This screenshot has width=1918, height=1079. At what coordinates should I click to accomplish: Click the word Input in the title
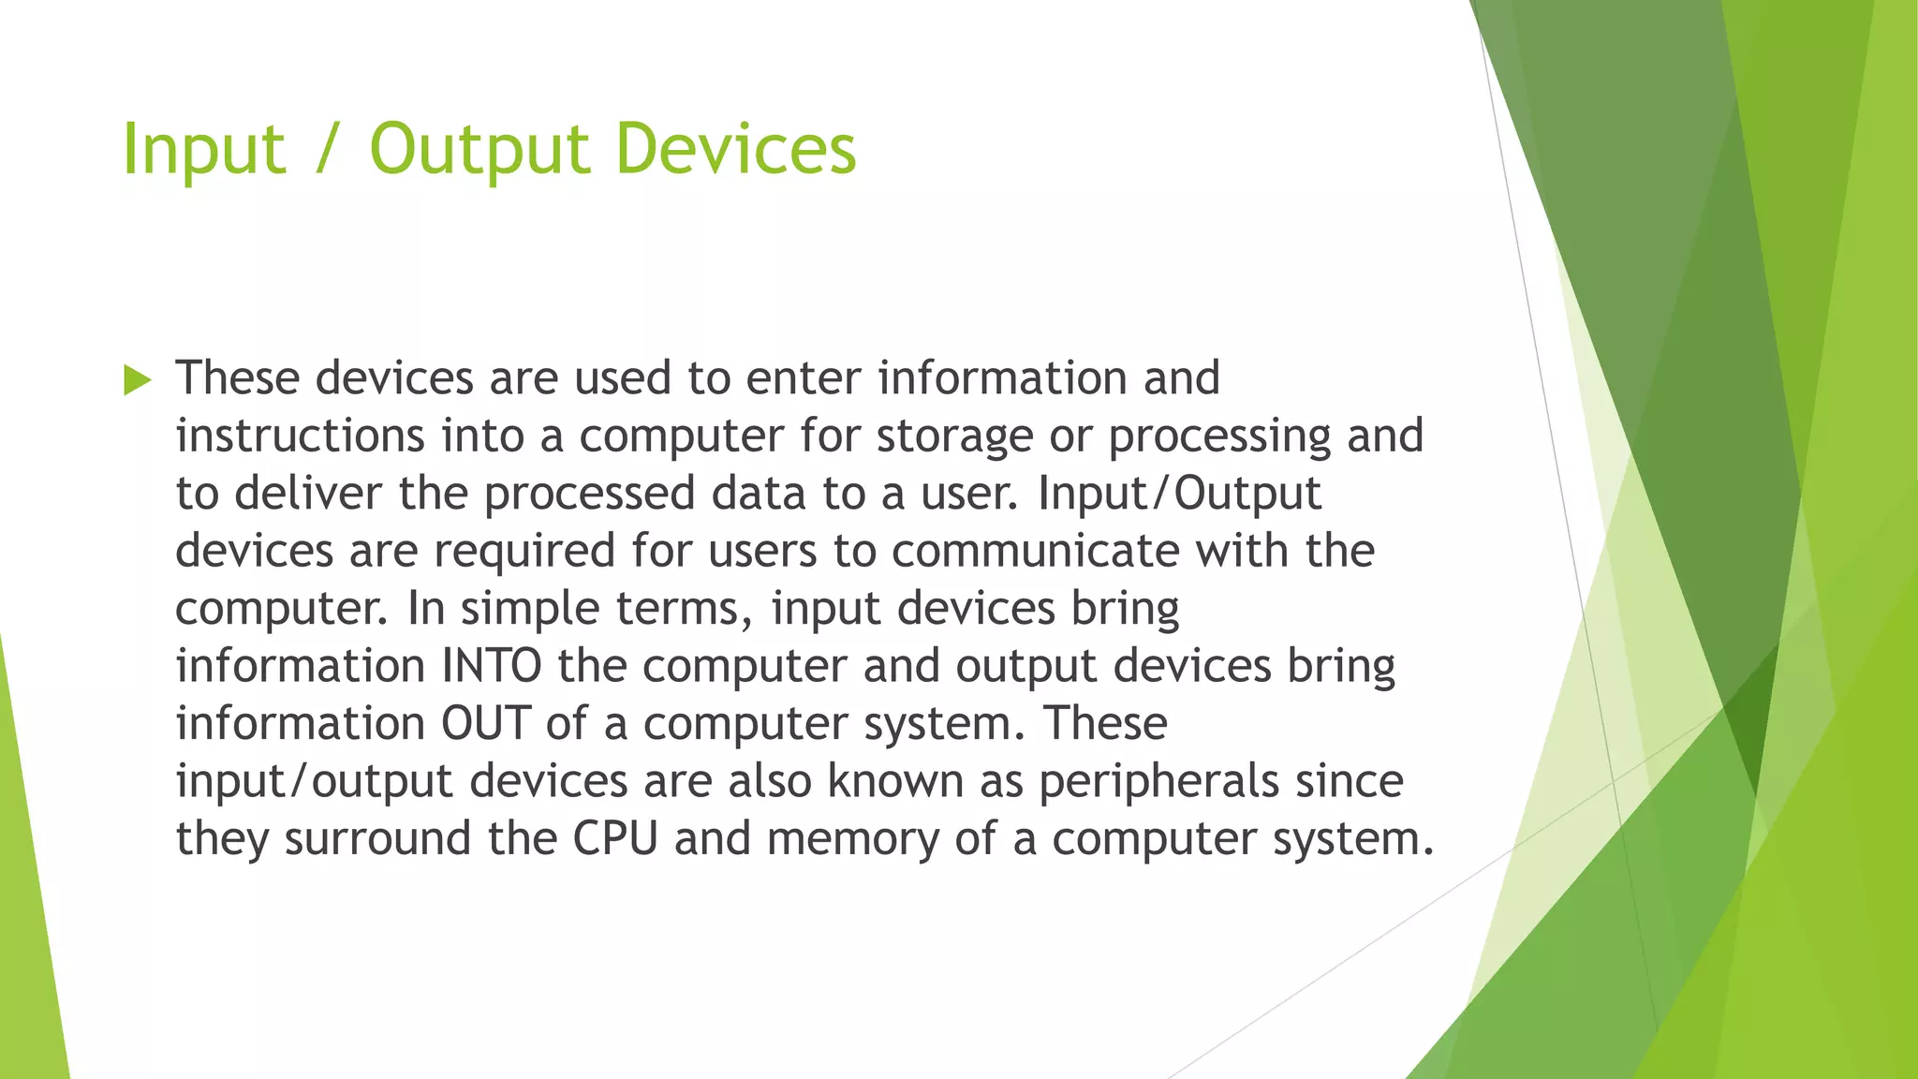(x=203, y=150)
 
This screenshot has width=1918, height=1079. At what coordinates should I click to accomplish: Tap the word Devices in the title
(x=735, y=150)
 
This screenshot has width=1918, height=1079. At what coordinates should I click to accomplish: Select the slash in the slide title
(x=326, y=150)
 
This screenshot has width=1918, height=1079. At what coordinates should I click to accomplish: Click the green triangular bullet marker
(x=137, y=380)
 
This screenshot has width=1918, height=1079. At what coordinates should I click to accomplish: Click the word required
(x=524, y=552)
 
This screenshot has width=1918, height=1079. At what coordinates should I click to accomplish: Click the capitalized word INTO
(x=491, y=666)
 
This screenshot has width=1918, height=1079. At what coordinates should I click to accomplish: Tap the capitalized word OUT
(x=485, y=724)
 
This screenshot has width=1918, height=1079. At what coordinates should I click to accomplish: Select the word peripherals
(x=1158, y=783)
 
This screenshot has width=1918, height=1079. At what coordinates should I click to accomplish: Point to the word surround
(x=377, y=838)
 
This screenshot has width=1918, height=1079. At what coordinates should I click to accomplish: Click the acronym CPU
(x=615, y=838)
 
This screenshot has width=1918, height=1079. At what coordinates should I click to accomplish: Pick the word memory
(x=852, y=840)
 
